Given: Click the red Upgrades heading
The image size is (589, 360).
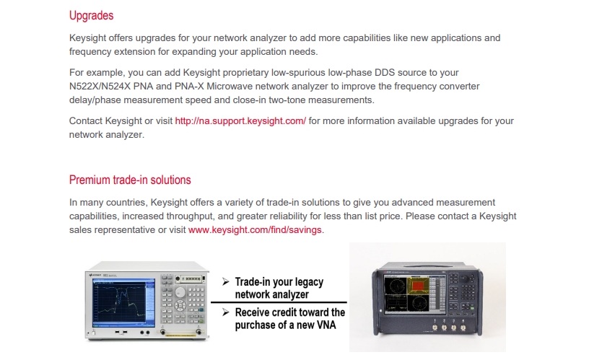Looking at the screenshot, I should point(91,15).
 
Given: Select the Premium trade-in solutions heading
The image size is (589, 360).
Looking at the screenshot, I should point(130,180).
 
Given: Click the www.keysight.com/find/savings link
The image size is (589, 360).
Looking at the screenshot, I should point(256,230).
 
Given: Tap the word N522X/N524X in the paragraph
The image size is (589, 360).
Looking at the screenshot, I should point(104,87).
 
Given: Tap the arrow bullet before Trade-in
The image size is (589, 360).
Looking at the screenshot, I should point(226,281).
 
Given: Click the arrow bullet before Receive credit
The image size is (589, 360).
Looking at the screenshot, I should point(226,312).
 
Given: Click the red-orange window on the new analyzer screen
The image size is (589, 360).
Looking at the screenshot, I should point(419,288).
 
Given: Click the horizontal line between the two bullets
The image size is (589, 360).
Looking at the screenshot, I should point(278,302).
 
